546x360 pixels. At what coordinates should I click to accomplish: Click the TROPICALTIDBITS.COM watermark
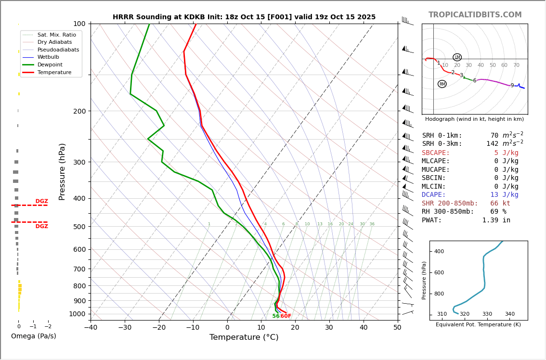click(x=475, y=15)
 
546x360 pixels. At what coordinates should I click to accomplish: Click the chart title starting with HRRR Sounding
click(x=244, y=17)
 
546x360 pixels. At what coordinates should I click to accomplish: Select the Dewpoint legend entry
click(x=51, y=64)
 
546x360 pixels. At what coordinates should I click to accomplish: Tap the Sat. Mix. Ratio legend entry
click(x=56, y=35)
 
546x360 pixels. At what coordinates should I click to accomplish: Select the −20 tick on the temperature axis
click(x=159, y=328)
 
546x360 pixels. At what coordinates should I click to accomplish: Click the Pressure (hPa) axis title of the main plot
click(x=62, y=171)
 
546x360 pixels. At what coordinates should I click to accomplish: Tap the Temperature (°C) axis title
click(x=244, y=337)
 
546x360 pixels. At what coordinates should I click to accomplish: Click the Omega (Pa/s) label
click(x=34, y=336)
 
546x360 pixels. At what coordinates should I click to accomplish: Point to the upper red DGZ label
click(x=41, y=201)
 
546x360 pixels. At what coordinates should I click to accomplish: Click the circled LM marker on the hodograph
click(x=457, y=57)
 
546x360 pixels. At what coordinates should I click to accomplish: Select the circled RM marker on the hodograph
click(x=442, y=84)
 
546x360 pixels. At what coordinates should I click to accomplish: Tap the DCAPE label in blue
click(x=434, y=195)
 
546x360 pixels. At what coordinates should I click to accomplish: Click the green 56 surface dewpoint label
click(x=275, y=316)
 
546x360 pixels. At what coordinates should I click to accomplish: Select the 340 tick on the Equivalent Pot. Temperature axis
click(x=509, y=314)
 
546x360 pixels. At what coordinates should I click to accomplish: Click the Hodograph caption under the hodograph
click(x=474, y=119)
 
